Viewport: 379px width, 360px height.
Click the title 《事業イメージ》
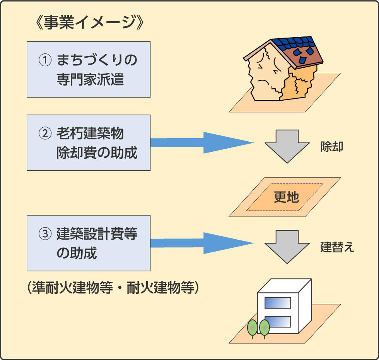[x=89, y=22]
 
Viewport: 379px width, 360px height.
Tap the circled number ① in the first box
[x=45, y=60]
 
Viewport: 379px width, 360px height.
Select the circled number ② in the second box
[x=45, y=133]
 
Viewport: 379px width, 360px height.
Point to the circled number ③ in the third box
[x=45, y=234]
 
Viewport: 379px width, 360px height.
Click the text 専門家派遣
[x=90, y=79]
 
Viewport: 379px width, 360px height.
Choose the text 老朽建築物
[x=90, y=133]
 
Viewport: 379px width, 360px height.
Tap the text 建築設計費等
[x=97, y=234]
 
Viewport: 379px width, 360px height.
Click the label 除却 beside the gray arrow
[x=332, y=147]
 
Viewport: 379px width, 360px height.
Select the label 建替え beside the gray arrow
[x=337, y=247]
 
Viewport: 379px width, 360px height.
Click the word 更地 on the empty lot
[x=287, y=197]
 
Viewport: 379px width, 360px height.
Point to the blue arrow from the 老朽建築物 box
[x=202, y=143]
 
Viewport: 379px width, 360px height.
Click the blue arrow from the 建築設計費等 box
[x=202, y=243]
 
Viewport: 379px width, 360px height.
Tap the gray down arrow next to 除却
[x=287, y=146]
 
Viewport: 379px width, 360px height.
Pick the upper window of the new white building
[x=278, y=303]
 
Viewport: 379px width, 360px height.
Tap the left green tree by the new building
[x=252, y=329]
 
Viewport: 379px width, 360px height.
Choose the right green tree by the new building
[x=264, y=329]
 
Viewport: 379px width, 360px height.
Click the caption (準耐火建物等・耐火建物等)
[x=113, y=287]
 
